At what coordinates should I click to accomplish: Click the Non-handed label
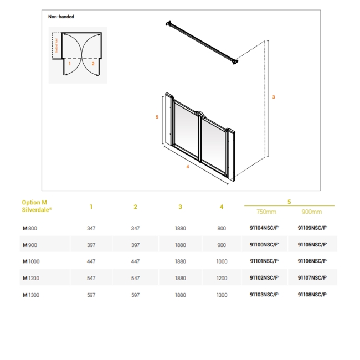[61, 17]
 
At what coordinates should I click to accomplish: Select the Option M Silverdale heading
[37, 207]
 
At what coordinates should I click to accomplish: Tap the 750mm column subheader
[266, 212]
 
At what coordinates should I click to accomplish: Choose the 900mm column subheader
[312, 212]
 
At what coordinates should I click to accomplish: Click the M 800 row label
[30, 228]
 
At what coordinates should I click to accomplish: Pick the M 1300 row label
[31, 295]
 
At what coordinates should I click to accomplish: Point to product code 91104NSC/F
[265, 228]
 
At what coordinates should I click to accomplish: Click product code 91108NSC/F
[312, 295]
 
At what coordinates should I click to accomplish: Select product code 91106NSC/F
[312, 261]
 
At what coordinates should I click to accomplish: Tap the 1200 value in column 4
[222, 278]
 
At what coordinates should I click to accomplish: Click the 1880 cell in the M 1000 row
[181, 261]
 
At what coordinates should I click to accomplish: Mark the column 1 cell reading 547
[91, 278]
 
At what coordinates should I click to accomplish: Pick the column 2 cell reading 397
[135, 245]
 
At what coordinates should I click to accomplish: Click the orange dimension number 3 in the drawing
[274, 97]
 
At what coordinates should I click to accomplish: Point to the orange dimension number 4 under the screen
[188, 167]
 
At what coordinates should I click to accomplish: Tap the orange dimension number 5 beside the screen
[157, 117]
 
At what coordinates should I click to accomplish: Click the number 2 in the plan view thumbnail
[93, 64]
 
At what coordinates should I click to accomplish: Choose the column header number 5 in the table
[289, 202]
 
